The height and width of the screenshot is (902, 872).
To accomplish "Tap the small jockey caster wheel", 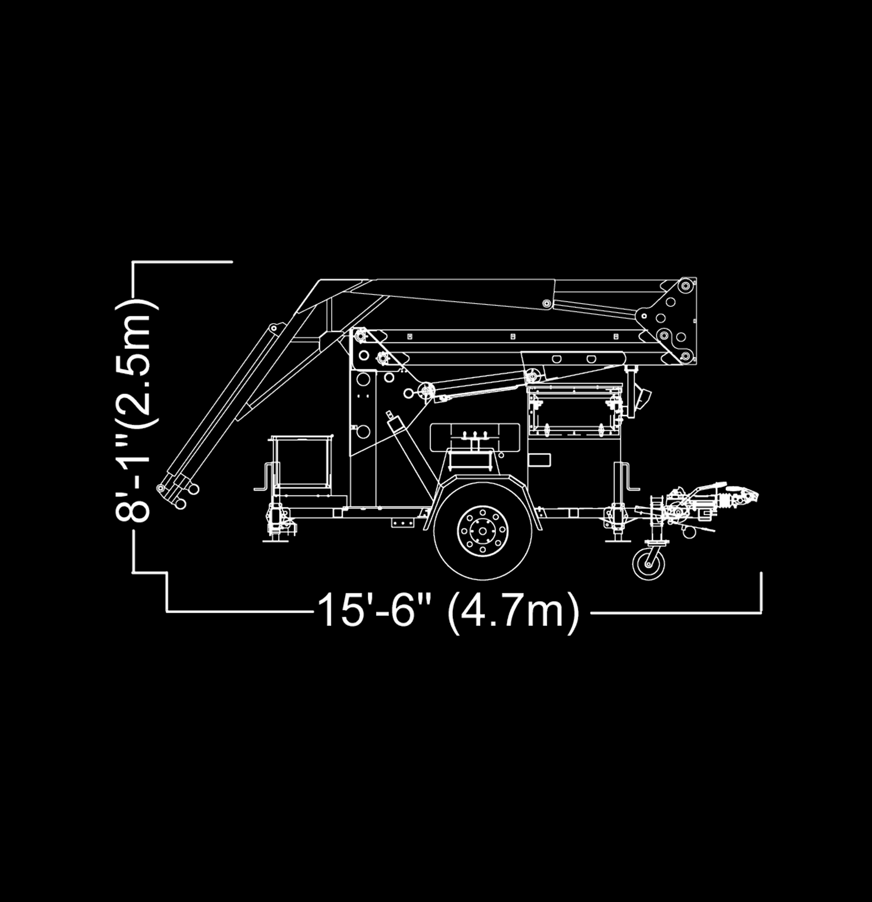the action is pyautogui.click(x=649, y=564).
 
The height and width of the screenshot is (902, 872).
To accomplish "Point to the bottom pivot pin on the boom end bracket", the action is pyautogui.click(x=686, y=356).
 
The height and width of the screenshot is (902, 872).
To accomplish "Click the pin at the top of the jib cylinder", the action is pyautogui.click(x=273, y=328).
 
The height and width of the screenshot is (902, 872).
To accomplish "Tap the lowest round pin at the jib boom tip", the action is pyautogui.click(x=181, y=504).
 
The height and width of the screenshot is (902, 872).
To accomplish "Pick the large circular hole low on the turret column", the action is pyautogui.click(x=363, y=432).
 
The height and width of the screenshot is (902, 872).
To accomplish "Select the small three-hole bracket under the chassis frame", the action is pyautogui.click(x=401, y=523).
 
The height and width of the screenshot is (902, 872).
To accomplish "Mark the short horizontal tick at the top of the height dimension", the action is pyautogui.click(x=182, y=262).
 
